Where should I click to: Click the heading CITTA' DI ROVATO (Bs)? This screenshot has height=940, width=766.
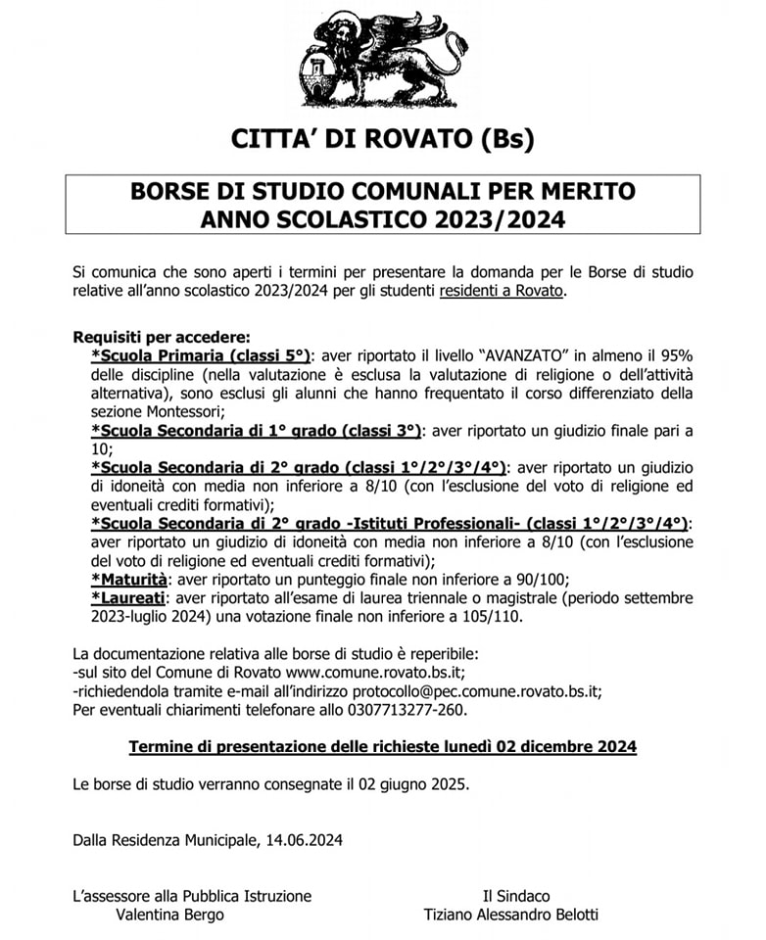click(383, 138)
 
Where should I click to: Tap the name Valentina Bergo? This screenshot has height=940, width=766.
click(169, 915)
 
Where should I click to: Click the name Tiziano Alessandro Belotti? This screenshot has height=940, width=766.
click(510, 915)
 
